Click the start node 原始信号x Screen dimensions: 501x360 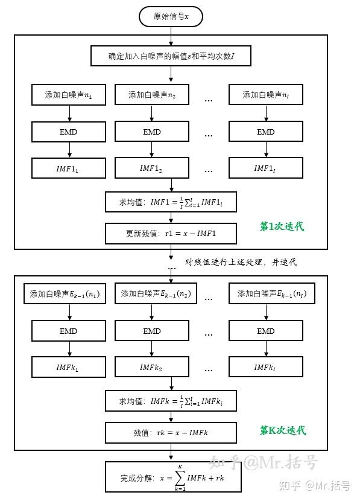click(171, 17)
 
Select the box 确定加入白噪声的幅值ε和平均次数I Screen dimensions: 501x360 click(171, 57)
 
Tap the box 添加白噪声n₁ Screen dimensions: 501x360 click(69, 95)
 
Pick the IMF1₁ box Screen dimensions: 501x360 click(69, 168)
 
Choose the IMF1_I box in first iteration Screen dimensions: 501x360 click(265, 168)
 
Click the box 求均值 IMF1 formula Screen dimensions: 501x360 click(171, 202)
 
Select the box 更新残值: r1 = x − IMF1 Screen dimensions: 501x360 click(171, 233)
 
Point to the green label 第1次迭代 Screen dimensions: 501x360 click(282, 226)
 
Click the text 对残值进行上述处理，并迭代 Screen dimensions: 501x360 click(241, 262)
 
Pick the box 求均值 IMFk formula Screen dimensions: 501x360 click(171, 401)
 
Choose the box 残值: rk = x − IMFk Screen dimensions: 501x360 click(171, 432)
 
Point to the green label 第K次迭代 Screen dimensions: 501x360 click(282, 430)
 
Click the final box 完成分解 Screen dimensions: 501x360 click(171, 478)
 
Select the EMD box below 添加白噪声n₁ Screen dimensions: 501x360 click(69, 132)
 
